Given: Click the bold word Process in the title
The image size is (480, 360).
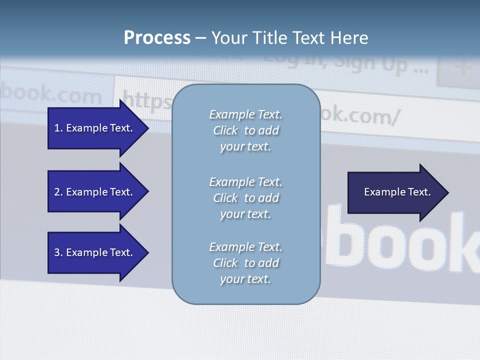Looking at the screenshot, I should pyautogui.click(x=157, y=38).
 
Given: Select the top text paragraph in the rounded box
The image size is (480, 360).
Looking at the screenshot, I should pyautogui.click(x=245, y=130).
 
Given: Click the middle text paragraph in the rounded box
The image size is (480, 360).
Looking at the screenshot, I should pyautogui.click(x=245, y=198).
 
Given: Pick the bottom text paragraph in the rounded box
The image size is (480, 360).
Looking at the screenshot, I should pyautogui.click(x=245, y=263).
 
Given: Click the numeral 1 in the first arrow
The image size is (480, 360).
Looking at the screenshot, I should pyautogui.click(x=57, y=128).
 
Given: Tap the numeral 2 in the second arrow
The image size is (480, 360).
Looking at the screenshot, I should pyautogui.click(x=57, y=192).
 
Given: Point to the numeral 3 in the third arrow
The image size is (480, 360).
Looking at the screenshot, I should pyautogui.click(x=57, y=252).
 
